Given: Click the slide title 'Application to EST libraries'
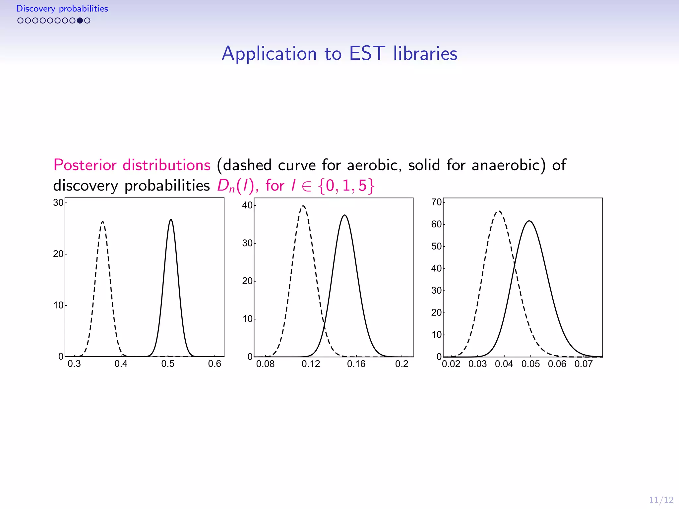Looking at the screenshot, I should click(339, 53).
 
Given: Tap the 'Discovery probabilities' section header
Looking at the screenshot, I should click(62, 9).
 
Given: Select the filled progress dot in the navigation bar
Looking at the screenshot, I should click(80, 21).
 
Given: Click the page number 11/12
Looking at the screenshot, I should click(661, 500).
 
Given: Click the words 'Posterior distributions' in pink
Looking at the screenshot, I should click(132, 165).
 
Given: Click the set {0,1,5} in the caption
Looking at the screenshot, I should click(346, 186).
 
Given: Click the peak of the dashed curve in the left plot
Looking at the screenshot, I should click(103, 222).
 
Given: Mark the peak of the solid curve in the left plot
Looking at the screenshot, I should click(171, 219).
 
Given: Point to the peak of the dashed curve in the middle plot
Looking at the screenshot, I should click(303, 206).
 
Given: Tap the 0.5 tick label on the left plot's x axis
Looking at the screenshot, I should click(168, 364).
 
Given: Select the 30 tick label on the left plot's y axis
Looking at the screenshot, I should click(58, 202).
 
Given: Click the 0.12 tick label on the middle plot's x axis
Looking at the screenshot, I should click(311, 364).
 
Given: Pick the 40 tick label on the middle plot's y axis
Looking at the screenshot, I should click(247, 205).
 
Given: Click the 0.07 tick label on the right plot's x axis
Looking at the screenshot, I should click(584, 364).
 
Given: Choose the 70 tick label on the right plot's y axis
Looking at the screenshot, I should click(436, 202).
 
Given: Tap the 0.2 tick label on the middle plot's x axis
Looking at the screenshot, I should click(401, 364).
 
